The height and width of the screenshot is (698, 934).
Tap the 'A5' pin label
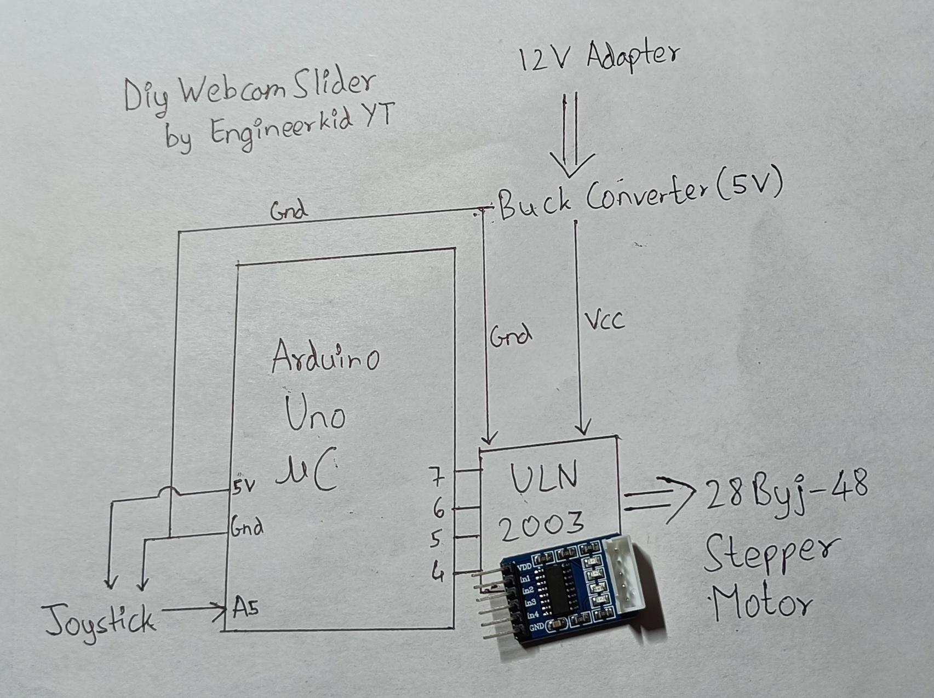point(245,607)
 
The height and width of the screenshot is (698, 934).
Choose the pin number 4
point(438,573)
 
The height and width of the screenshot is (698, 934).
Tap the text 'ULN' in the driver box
point(545,478)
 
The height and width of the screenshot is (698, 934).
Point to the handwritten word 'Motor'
point(760,601)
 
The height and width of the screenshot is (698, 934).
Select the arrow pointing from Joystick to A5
point(193,608)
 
